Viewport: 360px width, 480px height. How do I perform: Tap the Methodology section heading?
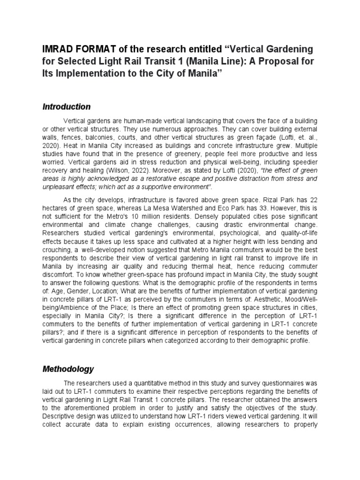point(68,369)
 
